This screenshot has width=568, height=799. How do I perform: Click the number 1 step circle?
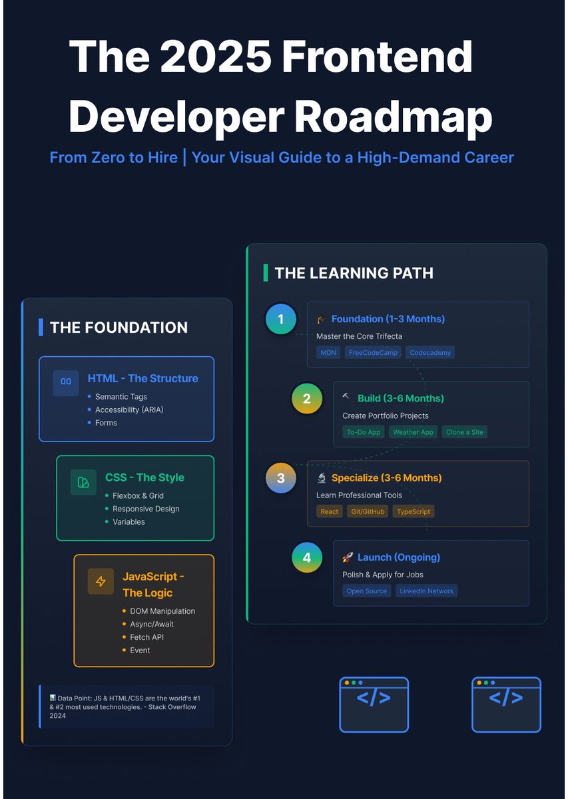click(280, 319)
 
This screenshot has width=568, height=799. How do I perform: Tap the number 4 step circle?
click(307, 557)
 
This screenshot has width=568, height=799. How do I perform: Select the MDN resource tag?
click(328, 352)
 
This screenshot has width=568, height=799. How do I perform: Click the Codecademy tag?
click(430, 352)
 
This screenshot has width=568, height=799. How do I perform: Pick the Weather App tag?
click(413, 432)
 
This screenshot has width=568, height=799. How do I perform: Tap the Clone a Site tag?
click(465, 432)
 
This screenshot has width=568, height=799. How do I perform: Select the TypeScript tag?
click(413, 511)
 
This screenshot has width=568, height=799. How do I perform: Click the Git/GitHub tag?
click(367, 511)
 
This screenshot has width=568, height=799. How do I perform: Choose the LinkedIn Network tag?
click(427, 591)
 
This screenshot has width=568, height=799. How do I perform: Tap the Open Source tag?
click(367, 591)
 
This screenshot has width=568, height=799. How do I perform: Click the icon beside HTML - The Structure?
click(66, 382)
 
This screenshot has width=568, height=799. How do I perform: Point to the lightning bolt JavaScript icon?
click(101, 581)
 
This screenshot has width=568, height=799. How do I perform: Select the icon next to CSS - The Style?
click(83, 482)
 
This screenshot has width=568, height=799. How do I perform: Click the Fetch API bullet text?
click(147, 637)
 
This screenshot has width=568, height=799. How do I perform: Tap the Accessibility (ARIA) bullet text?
click(129, 409)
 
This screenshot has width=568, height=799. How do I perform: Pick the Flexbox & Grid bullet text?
click(138, 495)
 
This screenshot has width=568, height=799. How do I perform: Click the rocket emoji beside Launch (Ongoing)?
click(347, 557)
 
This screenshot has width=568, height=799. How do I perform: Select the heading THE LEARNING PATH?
click(354, 273)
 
